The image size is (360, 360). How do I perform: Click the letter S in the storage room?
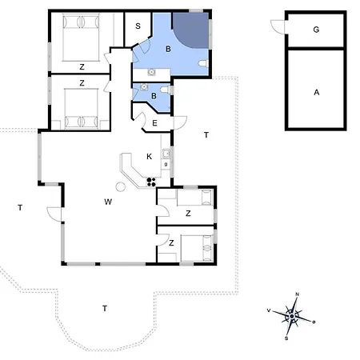tap(138, 26)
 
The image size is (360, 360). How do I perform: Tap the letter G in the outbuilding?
tap(316, 30)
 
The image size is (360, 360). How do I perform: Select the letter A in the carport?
tap(317, 93)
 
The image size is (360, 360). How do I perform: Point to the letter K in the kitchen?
tap(150, 157)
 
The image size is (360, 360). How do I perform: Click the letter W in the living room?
tap(108, 202)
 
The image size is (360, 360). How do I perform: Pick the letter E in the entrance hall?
tap(154, 123)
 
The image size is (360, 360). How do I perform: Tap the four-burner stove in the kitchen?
tap(151, 182)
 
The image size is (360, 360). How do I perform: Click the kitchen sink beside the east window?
tap(166, 154)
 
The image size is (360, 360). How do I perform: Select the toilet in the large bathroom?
tap(203, 63)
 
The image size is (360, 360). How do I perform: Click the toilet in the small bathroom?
tap(166, 90)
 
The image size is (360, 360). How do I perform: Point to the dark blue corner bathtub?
tap(191, 30)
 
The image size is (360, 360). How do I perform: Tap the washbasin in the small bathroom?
tap(144, 87)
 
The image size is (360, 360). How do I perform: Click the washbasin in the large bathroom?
tap(151, 72)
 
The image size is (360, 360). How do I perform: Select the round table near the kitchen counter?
tap(121, 186)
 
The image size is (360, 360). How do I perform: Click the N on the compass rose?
tap(298, 294)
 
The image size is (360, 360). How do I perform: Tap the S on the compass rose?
tap(286, 338)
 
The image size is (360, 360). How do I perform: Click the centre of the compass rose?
tap(292, 316)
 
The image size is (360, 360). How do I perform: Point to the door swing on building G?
tap(278, 26)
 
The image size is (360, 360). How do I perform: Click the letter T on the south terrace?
tap(105, 309)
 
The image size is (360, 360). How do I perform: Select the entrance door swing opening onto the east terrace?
tap(180, 123)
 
